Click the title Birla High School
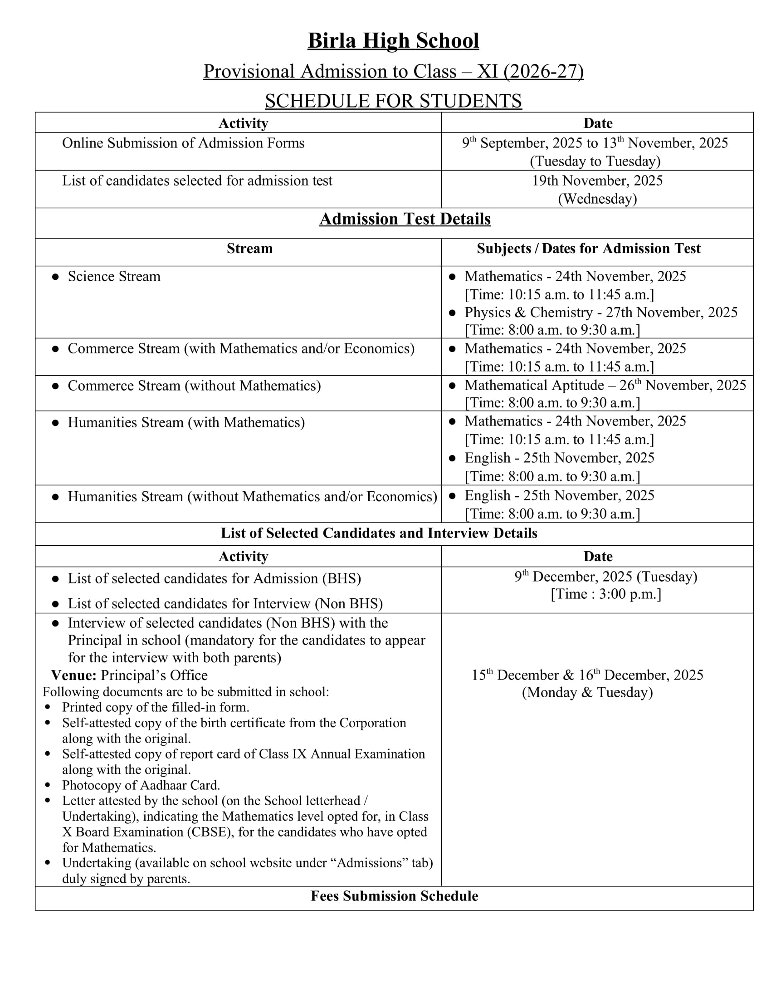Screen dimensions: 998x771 pos(393,41)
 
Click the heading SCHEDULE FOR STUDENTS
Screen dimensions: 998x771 pos(393,101)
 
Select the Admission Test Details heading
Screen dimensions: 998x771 pos(405,220)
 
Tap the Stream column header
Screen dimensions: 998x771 pos(249,249)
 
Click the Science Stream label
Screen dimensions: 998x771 pos(114,277)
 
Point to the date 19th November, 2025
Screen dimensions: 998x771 pos(597,181)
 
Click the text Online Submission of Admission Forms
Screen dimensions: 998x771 pos(183,143)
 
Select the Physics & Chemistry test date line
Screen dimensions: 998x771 pos(600,313)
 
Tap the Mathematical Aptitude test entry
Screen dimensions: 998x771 pos(605,386)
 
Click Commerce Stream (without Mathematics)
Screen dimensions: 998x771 pos(194,386)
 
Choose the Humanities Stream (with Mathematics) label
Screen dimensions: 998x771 pos(186,423)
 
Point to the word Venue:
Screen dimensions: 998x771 pos(73,675)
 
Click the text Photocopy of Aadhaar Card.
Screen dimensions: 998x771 pos(141,785)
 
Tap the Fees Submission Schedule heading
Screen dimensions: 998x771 pos(394,896)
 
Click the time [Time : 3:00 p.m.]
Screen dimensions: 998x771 pos(605,594)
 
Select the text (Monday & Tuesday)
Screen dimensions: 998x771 pos(587,692)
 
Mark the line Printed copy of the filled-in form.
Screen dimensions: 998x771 pos(155,707)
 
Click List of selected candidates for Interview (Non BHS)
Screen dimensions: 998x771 pos(225,604)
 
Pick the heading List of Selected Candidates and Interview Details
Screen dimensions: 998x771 pos(379,533)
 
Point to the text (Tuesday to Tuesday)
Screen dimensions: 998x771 pos(595,161)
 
